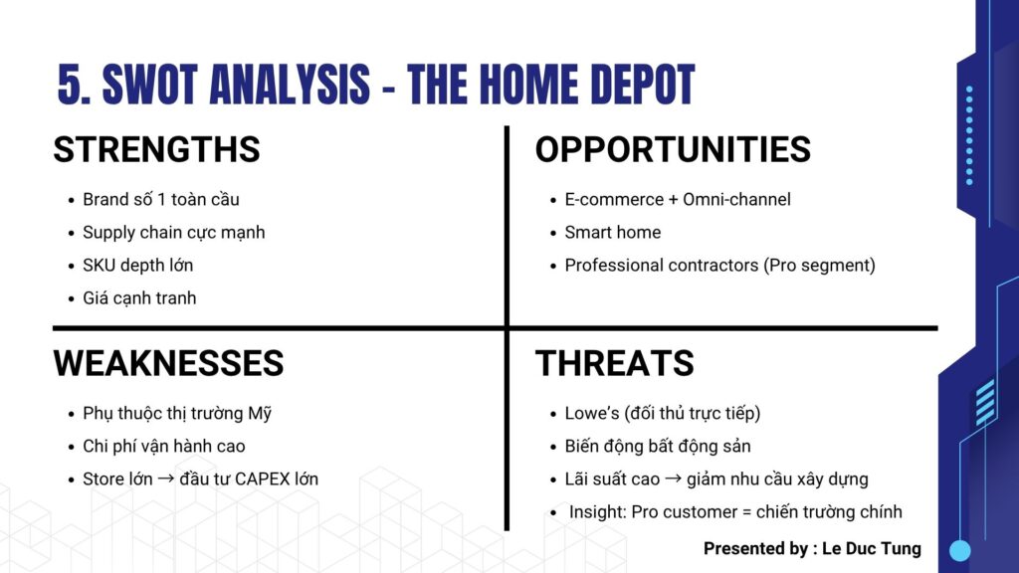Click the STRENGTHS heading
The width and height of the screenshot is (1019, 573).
(156, 149)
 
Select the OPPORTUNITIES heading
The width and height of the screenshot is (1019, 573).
(673, 149)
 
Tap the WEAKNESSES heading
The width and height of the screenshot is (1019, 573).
(168, 363)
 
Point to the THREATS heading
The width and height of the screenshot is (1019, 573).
(615, 363)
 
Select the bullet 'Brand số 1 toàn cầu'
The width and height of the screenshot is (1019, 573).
(161, 199)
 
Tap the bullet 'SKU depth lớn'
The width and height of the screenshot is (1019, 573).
(137, 265)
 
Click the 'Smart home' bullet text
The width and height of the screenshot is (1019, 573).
(613, 233)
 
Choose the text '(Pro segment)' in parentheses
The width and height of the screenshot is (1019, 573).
(820, 266)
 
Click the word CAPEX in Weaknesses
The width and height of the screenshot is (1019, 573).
(262, 479)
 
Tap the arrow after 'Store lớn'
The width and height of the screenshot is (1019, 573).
(166, 478)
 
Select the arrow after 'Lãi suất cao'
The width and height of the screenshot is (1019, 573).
(674, 478)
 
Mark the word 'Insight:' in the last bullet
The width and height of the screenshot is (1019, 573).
(598, 512)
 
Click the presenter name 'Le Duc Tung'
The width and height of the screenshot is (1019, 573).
(872, 549)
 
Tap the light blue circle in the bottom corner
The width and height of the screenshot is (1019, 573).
(960, 550)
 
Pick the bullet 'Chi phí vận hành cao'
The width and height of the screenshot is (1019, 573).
(164, 447)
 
